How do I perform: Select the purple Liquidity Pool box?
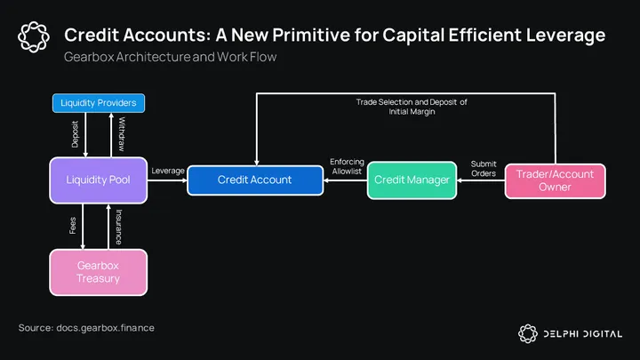[99, 180]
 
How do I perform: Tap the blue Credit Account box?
[254, 180]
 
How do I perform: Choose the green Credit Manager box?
[410, 180]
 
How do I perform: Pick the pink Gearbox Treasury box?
[98, 271]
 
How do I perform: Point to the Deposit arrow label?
[75, 134]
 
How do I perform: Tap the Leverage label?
[167, 170]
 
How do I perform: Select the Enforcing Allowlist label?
[347, 166]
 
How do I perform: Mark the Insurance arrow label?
[119, 228]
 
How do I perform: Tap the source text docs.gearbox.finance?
[86, 328]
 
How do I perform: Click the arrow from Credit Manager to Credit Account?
[344, 180]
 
